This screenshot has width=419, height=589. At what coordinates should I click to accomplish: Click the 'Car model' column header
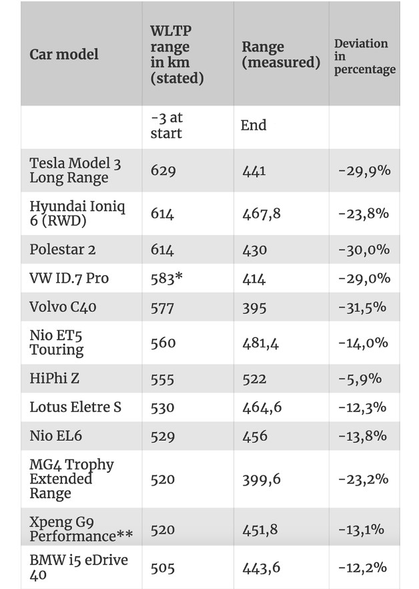click(64, 54)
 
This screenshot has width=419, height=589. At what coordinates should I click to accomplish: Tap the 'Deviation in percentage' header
click(364, 56)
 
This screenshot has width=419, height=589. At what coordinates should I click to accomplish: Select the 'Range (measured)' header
click(281, 55)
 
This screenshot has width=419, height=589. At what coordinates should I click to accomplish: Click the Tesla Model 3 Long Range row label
click(75, 170)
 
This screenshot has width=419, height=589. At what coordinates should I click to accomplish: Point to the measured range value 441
click(254, 171)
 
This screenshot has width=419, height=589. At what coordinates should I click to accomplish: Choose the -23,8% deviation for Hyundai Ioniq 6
click(364, 214)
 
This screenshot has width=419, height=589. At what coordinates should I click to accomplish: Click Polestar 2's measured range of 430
click(255, 250)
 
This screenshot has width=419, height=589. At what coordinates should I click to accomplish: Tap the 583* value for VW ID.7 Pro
click(166, 278)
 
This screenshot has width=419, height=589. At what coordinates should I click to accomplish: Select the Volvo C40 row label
click(63, 307)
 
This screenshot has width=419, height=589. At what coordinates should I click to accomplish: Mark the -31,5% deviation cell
click(362, 307)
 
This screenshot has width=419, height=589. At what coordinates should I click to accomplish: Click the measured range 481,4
click(261, 343)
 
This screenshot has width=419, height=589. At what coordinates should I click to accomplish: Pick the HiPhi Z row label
click(55, 378)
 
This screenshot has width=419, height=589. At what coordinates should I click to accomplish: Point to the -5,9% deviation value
click(360, 379)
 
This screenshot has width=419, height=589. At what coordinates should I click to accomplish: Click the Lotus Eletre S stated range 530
click(163, 407)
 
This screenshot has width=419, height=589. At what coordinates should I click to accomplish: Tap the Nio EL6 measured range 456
click(255, 436)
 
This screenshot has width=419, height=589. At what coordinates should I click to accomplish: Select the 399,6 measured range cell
click(262, 479)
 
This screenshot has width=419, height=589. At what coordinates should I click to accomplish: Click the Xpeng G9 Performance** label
click(81, 529)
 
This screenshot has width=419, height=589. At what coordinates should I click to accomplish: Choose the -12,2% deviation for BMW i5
click(363, 567)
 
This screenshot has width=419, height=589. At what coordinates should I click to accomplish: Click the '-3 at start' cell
click(166, 126)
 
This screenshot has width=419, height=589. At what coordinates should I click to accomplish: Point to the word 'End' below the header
click(254, 125)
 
